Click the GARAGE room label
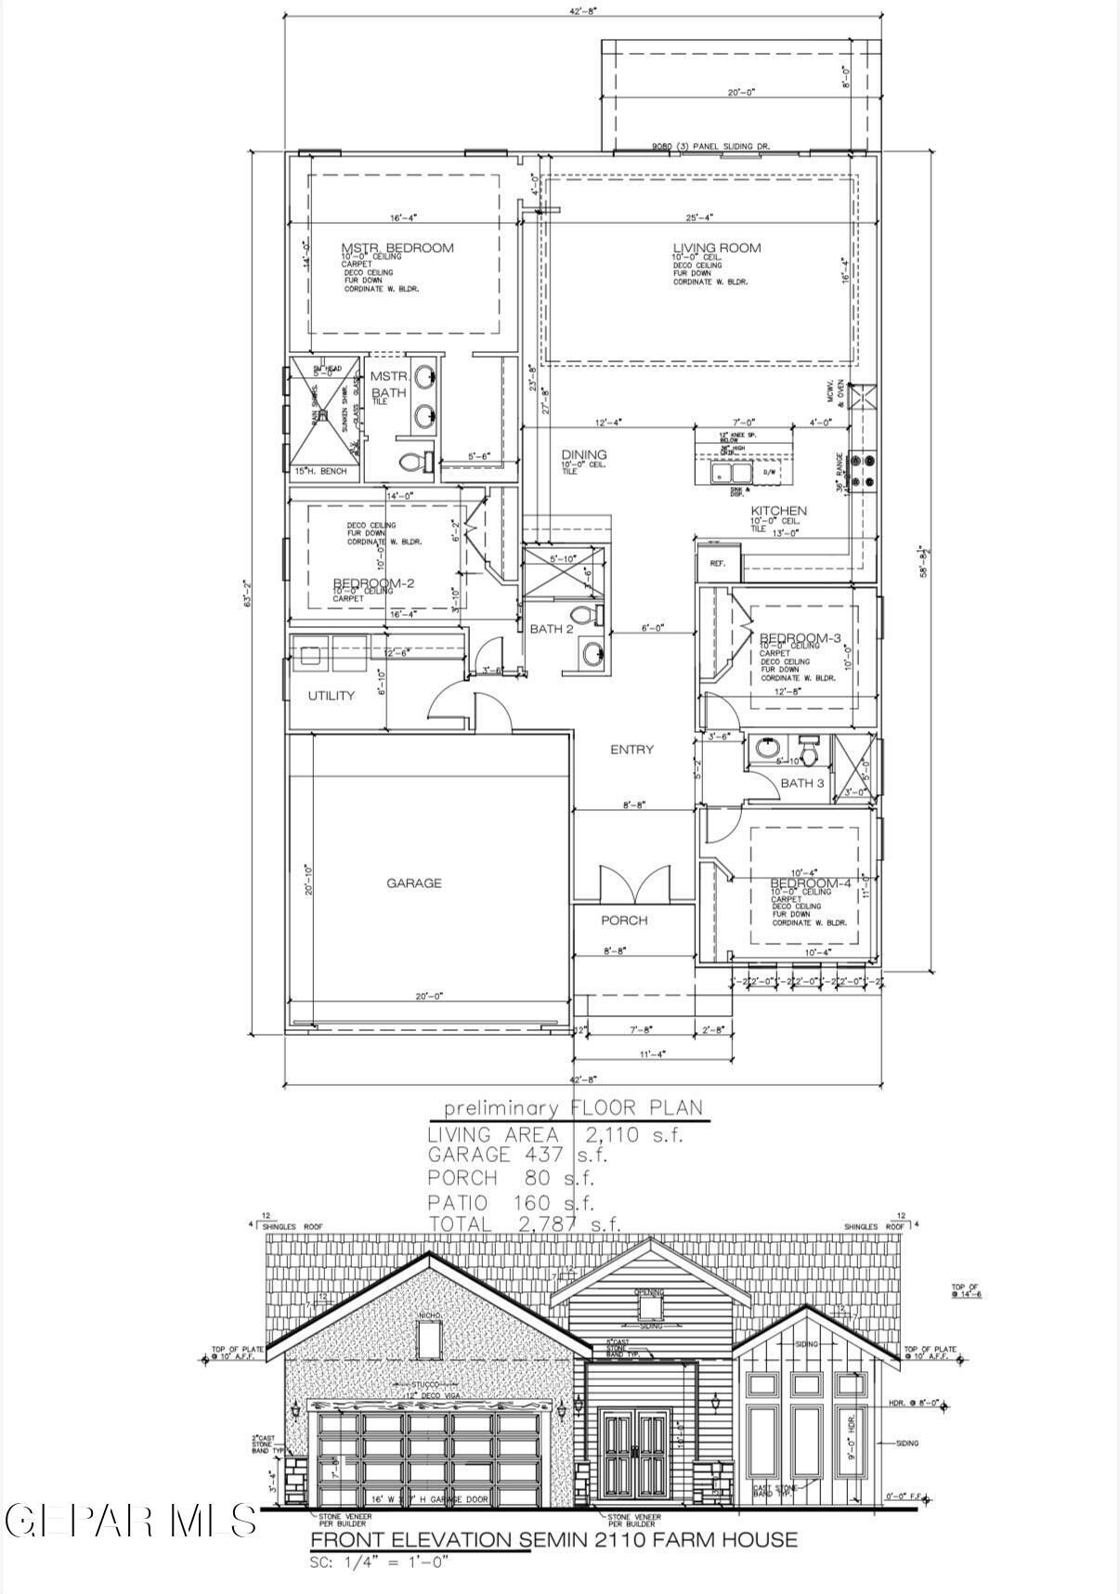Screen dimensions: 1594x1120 click(x=413, y=882)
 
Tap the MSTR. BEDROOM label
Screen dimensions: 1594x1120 click(x=397, y=247)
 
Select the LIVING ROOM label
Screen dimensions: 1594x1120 click(x=716, y=247)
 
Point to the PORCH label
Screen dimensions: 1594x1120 click(x=624, y=920)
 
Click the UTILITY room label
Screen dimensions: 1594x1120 click(x=331, y=695)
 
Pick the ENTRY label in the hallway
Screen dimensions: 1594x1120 click(x=632, y=749)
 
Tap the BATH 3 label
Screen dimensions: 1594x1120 click(x=801, y=783)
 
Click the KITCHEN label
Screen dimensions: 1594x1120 click(x=778, y=510)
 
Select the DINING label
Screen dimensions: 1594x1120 click(x=584, y=454)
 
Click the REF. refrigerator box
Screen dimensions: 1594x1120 click(x=718, y=563)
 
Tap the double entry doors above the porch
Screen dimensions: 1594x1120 click(x=634, y=883)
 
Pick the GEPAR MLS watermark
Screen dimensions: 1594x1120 click(x=130, y=1520)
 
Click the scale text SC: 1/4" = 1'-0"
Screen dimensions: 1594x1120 click(x=380, y=1562)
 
